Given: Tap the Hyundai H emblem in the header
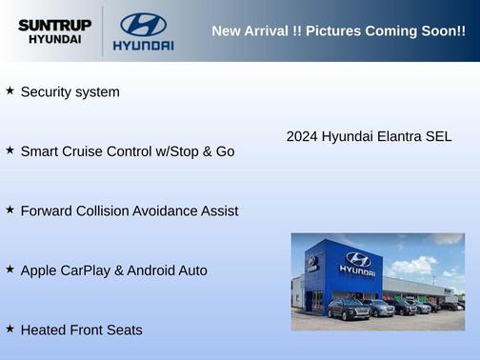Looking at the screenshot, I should click(143, 23).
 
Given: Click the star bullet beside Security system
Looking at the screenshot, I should click(10, 90).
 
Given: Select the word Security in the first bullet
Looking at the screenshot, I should click(47, 92).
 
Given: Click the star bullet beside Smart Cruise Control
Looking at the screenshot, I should click(10, 150).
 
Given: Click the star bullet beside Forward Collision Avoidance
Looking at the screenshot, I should click(10, 209).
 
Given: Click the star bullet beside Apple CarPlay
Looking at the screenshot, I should click(10, 269).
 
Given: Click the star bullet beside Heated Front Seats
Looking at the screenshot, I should click(10, 328).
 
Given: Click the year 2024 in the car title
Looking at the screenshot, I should click(302, 136).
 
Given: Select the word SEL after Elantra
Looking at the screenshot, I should click(437, 136).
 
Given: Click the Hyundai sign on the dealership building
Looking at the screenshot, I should click(357, 264).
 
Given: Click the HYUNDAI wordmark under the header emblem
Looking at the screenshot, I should click(143, 45).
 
